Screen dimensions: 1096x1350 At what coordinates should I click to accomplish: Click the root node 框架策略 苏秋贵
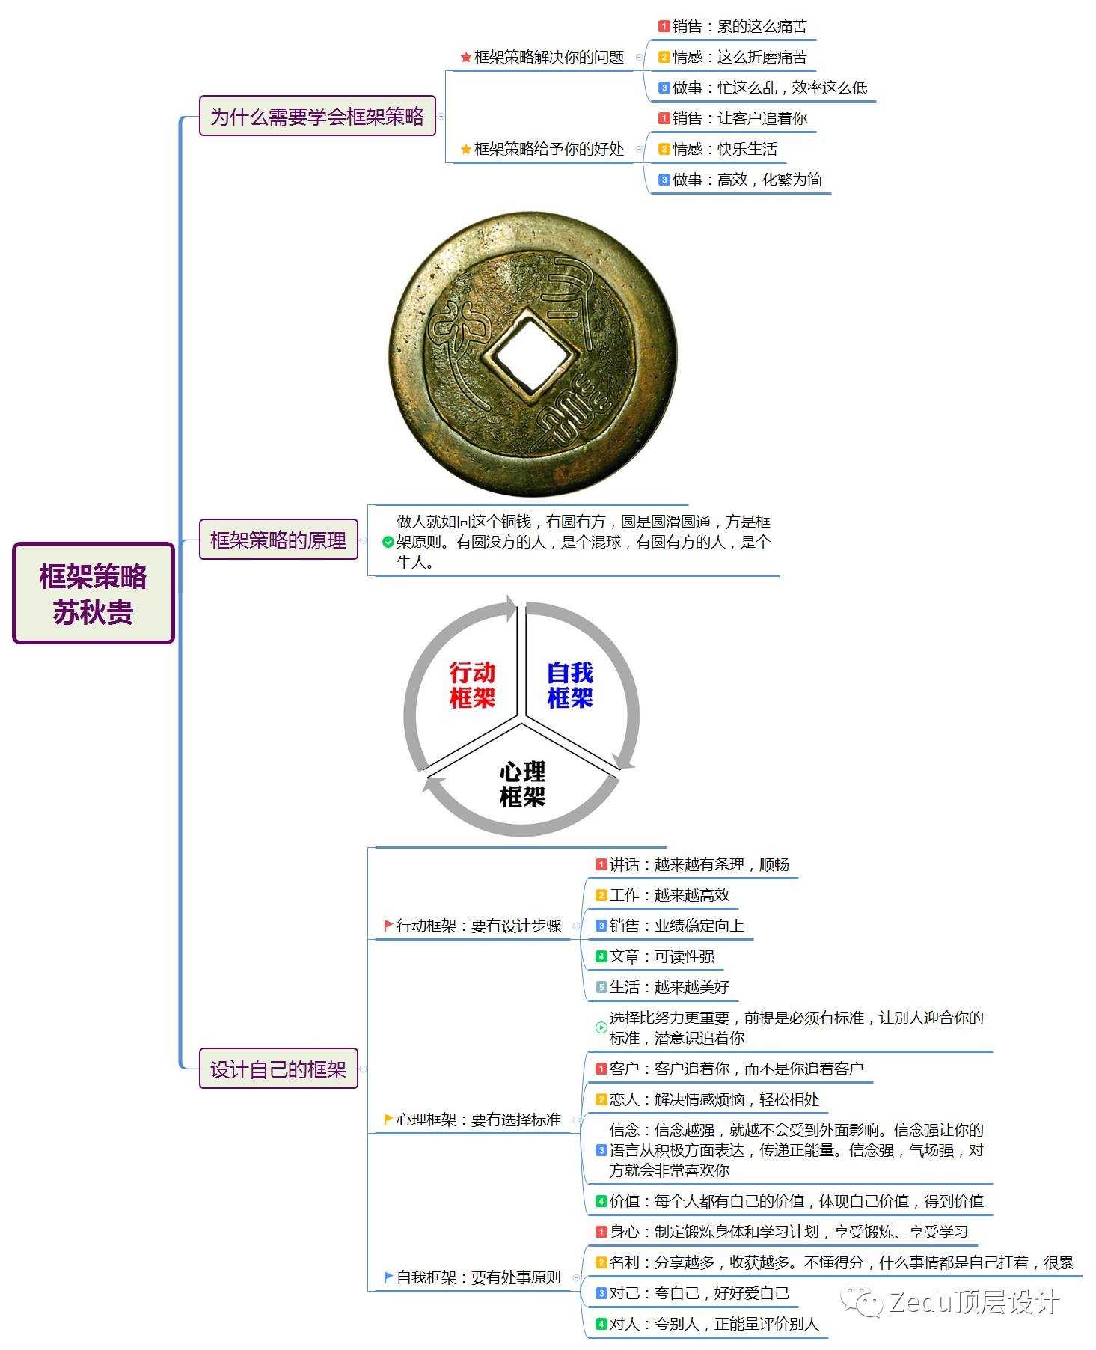pyautogui.click(x=94, y=593)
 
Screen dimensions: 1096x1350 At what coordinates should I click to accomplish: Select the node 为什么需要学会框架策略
pyautogui.click(x=317, y=116)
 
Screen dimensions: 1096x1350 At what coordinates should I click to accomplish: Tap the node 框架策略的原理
pyautogui.click(x=278, y=540)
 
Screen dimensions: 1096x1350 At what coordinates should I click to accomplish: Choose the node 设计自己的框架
pyautogui.click(x=278, y=1069)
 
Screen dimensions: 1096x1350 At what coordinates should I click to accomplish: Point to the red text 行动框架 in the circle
pyautogui.click(x=472, y=685)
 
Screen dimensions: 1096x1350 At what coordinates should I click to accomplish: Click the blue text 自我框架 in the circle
pyautogui.click(x=570, y=685)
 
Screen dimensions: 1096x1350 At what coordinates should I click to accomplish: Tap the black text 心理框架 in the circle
pyautogui.click(x=522, y=784)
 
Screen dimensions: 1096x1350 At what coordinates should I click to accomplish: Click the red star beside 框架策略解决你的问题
pyautogui.click(x=465, y=58)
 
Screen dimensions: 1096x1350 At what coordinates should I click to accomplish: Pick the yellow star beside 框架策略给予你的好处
pyautogui.click(x=465, y=150)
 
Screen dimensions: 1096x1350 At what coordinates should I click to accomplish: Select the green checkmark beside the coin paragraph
pyautogui.click(x=388, y=543)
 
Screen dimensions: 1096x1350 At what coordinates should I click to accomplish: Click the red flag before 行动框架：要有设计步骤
pyautogui.click(x=388, y=926)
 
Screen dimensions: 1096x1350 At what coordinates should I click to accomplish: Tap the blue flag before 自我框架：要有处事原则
pyautogui.click(x=388, y=1277)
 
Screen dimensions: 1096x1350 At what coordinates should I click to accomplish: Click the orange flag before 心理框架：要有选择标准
pyautogui.click(x=388, y=1120)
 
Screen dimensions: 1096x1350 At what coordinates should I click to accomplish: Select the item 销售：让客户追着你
pyautogui.click(x=733, y=118)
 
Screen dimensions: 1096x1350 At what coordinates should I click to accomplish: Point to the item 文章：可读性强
pyautogui.click(x=655, y=956)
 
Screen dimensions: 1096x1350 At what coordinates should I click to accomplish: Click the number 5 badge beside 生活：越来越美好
pyautogui.click(x=601, y=987)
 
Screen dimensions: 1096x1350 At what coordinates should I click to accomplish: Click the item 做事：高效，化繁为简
pyautogui.click(x=741, y=180)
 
